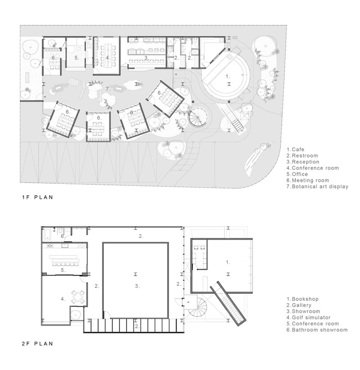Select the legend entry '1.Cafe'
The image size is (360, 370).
pyautogui.click(x=296, y=149)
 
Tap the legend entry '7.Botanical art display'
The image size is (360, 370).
pyautogui.click(x=317, y=187)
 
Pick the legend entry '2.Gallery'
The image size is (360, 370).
pyautogui.click(x=299, y=305)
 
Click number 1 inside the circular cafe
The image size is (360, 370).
pyautogui.click(x=228, y=76)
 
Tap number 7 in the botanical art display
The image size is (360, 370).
pyautogui.click(x=108, y=89)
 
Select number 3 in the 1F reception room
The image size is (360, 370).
pyautogui.click(x=145, y=57)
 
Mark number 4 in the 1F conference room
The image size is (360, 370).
pyautogui.click(x=108, y=57)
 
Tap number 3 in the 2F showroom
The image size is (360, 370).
pyautogui.click(x=137, y=286)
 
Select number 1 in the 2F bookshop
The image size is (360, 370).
pyautogui.click(x=228, y=262)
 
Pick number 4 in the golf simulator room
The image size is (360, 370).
pyautogui.click(x=62, y=298)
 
